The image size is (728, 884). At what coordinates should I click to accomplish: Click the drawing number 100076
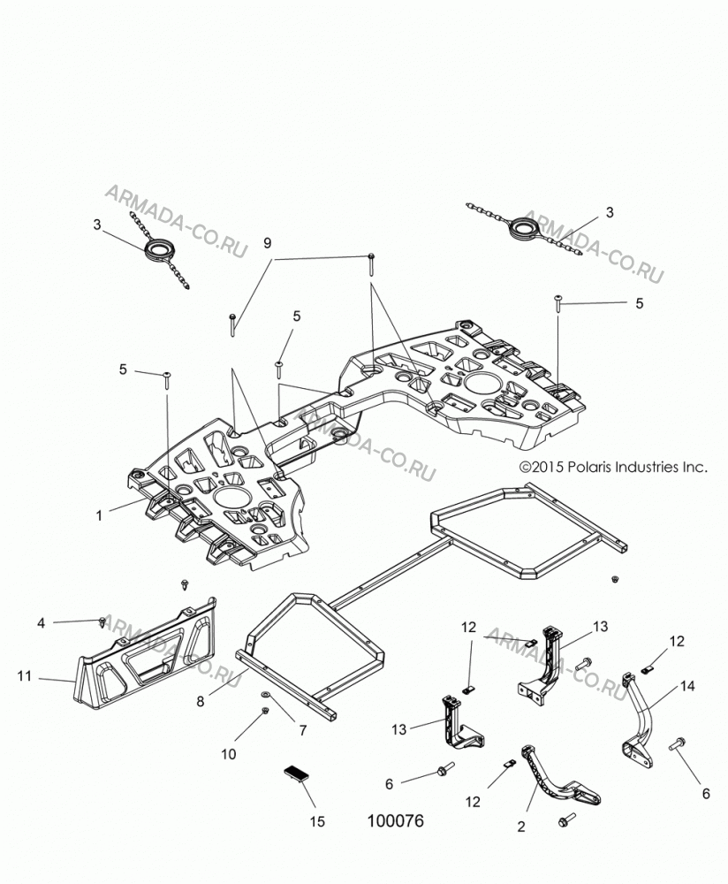pos(395,820)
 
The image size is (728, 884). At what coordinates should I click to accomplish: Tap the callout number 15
pos(317,821)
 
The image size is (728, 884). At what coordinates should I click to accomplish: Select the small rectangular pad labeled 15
pos(297,773)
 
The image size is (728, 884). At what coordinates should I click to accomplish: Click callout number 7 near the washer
pos(302,730)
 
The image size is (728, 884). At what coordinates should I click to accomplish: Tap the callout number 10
pos(228,754)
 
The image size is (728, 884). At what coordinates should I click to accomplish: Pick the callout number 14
pos(687,686)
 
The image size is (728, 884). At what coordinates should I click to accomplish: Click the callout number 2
pos(520,827)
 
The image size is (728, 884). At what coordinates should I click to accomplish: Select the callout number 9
pos(267,243)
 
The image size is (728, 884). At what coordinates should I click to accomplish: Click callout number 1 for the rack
pos(99,515)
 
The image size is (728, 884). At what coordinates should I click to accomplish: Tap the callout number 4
pos(41,623)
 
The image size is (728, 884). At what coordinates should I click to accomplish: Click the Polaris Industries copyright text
pos(612,467)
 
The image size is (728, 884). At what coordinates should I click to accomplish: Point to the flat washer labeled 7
pos(265,694)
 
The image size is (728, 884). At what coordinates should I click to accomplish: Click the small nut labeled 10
pos(265,712)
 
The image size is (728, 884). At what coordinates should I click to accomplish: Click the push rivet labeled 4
pos(102,621)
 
